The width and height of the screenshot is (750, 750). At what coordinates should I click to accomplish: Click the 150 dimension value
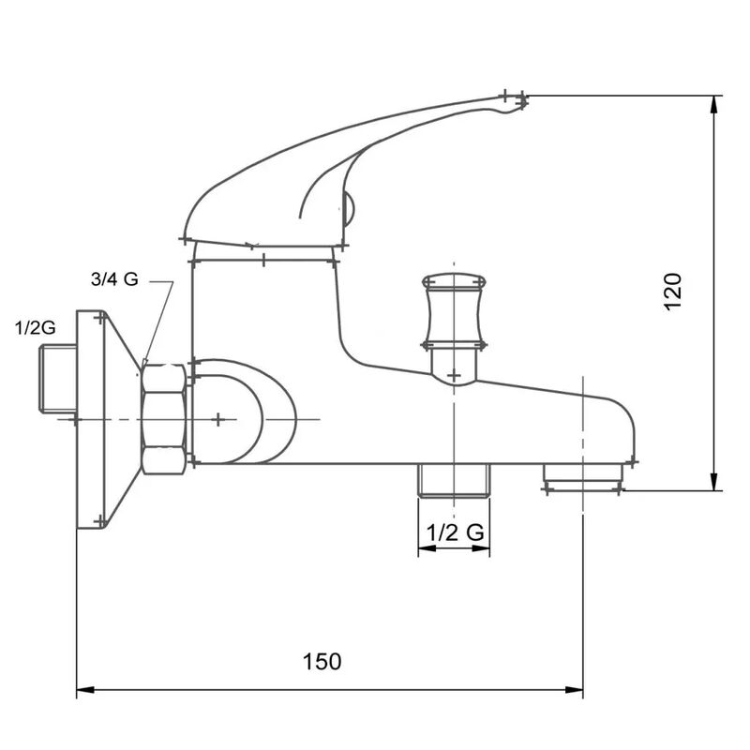[x=322, y=661]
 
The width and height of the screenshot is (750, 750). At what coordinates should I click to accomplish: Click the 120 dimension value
[x=673, y=292]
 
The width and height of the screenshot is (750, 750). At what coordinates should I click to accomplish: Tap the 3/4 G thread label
[x=115, y=279]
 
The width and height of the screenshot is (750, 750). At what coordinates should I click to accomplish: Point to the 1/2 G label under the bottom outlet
[x=455, y=532]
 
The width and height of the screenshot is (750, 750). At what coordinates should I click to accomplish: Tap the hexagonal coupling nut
[x=164, y=418]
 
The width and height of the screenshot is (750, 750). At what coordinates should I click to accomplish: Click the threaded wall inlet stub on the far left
[x=56, y=379]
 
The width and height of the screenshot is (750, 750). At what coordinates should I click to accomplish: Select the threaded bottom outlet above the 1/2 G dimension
[x=454, y=480]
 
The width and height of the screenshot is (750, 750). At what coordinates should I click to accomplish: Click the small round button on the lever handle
[x=348, y=207]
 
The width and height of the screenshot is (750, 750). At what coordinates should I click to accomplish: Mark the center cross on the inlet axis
[x=217, y=419]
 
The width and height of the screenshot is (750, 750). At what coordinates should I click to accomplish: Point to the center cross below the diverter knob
[x=454, y=376]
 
